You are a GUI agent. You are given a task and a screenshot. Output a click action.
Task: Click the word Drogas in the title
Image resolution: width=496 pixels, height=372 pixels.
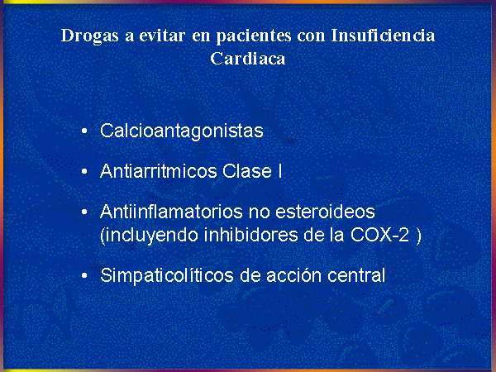coord(90,36)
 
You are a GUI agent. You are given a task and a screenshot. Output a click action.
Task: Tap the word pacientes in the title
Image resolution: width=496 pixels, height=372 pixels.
coord(254,36)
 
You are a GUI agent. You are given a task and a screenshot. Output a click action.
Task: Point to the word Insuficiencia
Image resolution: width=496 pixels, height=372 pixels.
coord(383,35)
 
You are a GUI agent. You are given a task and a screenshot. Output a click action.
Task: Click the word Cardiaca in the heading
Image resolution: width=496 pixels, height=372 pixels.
coord(248,59)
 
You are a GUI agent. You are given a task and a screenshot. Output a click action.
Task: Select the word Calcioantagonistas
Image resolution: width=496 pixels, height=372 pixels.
coord(182,131)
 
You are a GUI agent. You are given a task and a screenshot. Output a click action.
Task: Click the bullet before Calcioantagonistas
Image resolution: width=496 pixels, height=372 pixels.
coord(84,131)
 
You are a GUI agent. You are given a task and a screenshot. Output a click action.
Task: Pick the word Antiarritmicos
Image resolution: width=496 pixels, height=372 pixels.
coord(159,171)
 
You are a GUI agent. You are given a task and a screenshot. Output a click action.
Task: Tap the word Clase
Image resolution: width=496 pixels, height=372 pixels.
coord(246,171)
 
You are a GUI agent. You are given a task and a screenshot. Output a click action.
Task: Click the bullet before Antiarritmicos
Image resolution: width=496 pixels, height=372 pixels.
coord(84,171)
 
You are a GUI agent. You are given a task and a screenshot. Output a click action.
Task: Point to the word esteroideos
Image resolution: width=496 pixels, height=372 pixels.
coord(325,212)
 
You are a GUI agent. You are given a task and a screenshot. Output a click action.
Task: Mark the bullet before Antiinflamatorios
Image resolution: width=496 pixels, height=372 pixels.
coord(84,212)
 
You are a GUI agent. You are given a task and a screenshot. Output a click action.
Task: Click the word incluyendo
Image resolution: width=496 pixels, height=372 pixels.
coord(149,236)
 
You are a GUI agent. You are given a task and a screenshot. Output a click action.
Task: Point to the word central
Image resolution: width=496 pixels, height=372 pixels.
coord(356,275)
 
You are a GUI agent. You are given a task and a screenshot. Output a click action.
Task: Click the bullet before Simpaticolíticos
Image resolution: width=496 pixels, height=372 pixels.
coord(84,275)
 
